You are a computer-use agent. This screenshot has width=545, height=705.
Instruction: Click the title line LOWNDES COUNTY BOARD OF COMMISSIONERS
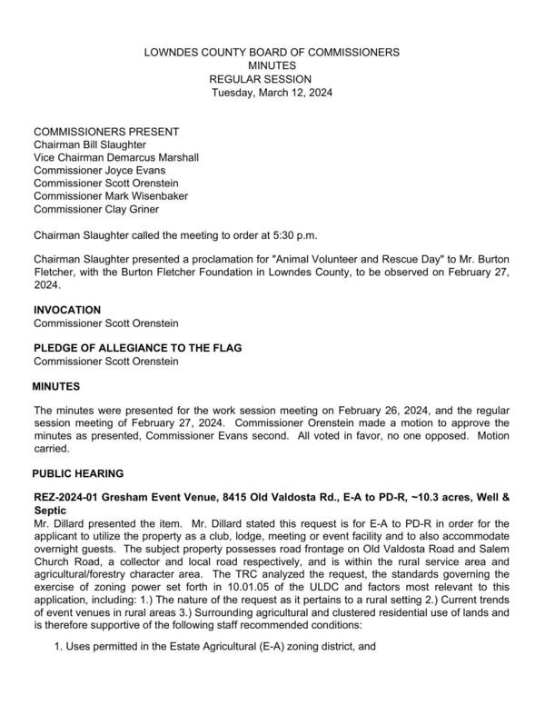tap(272, 53)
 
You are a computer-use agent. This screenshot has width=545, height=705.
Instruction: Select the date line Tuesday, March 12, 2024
tap(272, 94)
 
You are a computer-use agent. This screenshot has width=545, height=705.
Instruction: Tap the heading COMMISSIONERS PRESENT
tap(106, 132)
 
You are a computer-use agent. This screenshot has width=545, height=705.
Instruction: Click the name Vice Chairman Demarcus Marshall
tap(116, 157)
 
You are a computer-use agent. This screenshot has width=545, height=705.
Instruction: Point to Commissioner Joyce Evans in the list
tap(100, 170)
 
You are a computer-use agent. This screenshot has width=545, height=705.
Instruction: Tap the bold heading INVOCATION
tap(67, 310)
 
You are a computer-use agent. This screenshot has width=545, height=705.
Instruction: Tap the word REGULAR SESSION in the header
tap(272, 80)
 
